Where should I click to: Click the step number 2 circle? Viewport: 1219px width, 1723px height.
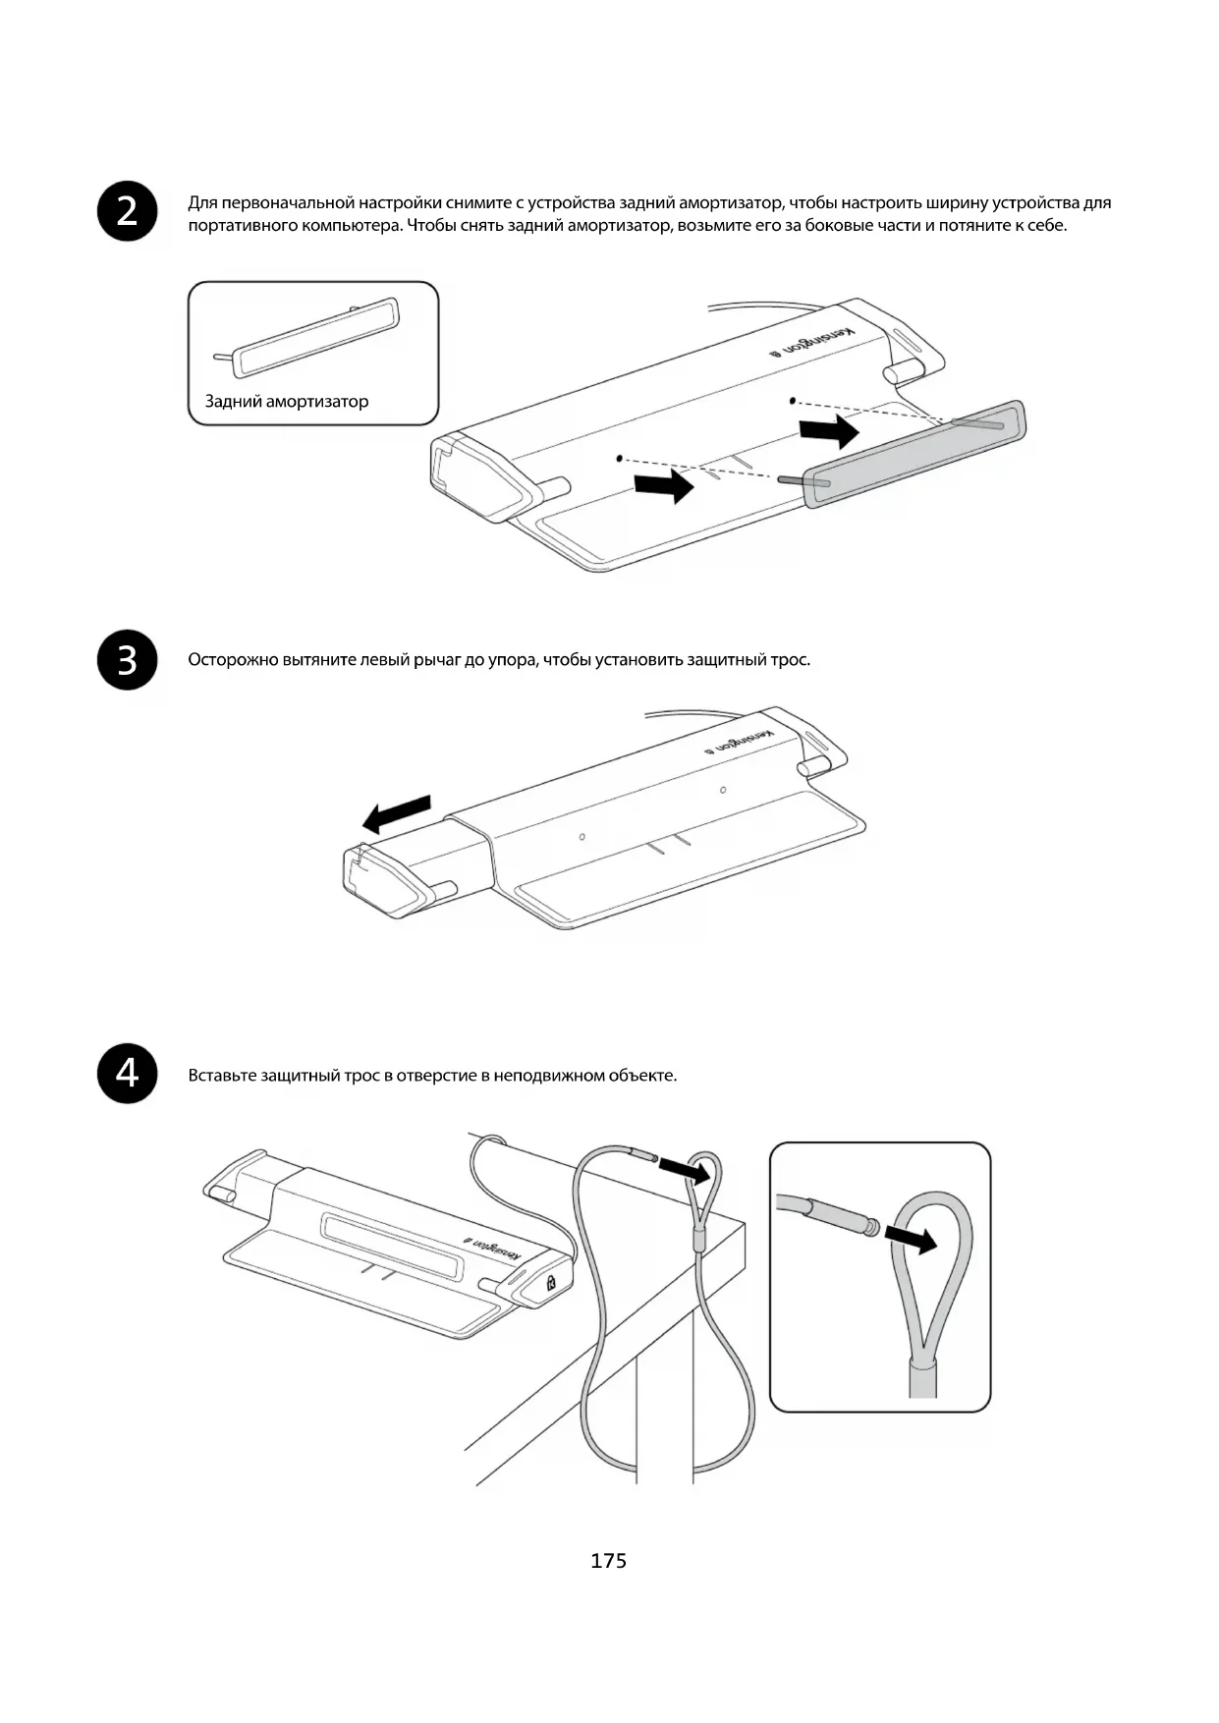pos(128,211)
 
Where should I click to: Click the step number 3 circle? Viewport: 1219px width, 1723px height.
pos(128,660)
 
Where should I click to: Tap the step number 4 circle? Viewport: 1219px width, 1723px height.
pos(128,1074)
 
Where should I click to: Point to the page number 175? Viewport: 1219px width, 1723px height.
pos(608,1560)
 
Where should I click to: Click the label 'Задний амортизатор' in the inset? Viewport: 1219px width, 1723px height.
pos(287,401)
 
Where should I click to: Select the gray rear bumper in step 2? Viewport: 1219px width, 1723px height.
pos(914,453)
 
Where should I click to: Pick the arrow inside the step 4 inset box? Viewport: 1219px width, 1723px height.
pos(911,1240)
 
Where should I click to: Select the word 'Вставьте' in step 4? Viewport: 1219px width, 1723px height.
pos(222,1075)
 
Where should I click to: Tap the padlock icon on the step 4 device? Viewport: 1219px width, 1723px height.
pos(551,1281)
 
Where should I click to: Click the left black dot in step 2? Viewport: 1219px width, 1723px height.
pos(619,457)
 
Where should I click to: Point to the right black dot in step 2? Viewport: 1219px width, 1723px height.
pos(792,401)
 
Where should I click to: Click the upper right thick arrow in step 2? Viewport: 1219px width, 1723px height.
pos(829,430)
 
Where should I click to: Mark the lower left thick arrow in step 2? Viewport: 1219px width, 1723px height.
pos(663,484)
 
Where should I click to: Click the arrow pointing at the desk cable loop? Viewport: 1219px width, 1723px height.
pos(685,1169)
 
